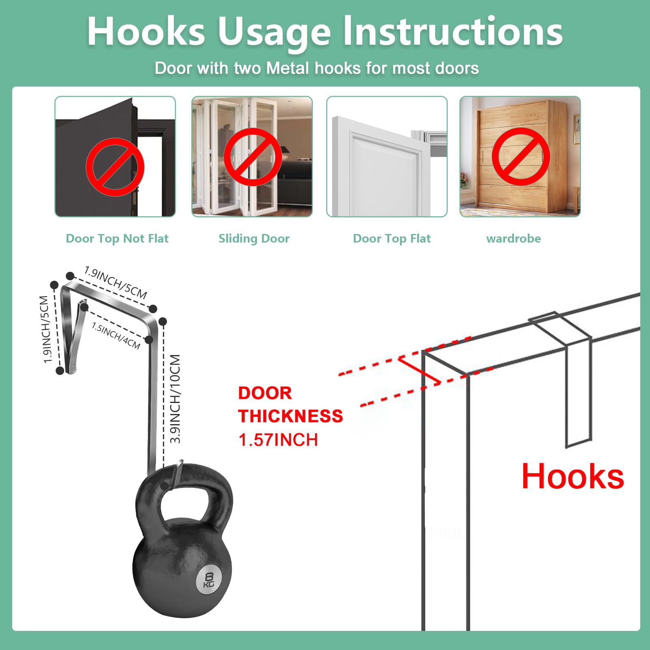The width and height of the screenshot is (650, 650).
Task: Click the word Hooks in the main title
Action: coord(146,31)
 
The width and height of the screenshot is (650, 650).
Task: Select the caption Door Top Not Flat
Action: coord(117,238)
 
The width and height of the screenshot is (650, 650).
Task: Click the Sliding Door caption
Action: coord(254,238)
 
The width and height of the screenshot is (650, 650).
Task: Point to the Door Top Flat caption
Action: coord(392,238)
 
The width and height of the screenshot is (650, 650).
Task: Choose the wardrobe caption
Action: coord(513,238)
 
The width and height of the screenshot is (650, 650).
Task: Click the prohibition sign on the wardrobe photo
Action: coord(521,156)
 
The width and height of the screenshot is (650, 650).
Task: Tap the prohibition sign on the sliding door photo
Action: coord(253,157)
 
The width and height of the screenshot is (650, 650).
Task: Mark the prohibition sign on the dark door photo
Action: coord(115,167)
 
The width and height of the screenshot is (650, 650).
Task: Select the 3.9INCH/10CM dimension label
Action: coord(175,399)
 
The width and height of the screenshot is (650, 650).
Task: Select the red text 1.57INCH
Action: coord(278,440)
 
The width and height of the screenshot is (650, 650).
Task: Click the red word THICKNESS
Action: coord(290,416)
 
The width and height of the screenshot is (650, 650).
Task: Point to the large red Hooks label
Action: coord(573,476)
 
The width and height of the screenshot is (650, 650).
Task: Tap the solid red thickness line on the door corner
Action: coord(419,370)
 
